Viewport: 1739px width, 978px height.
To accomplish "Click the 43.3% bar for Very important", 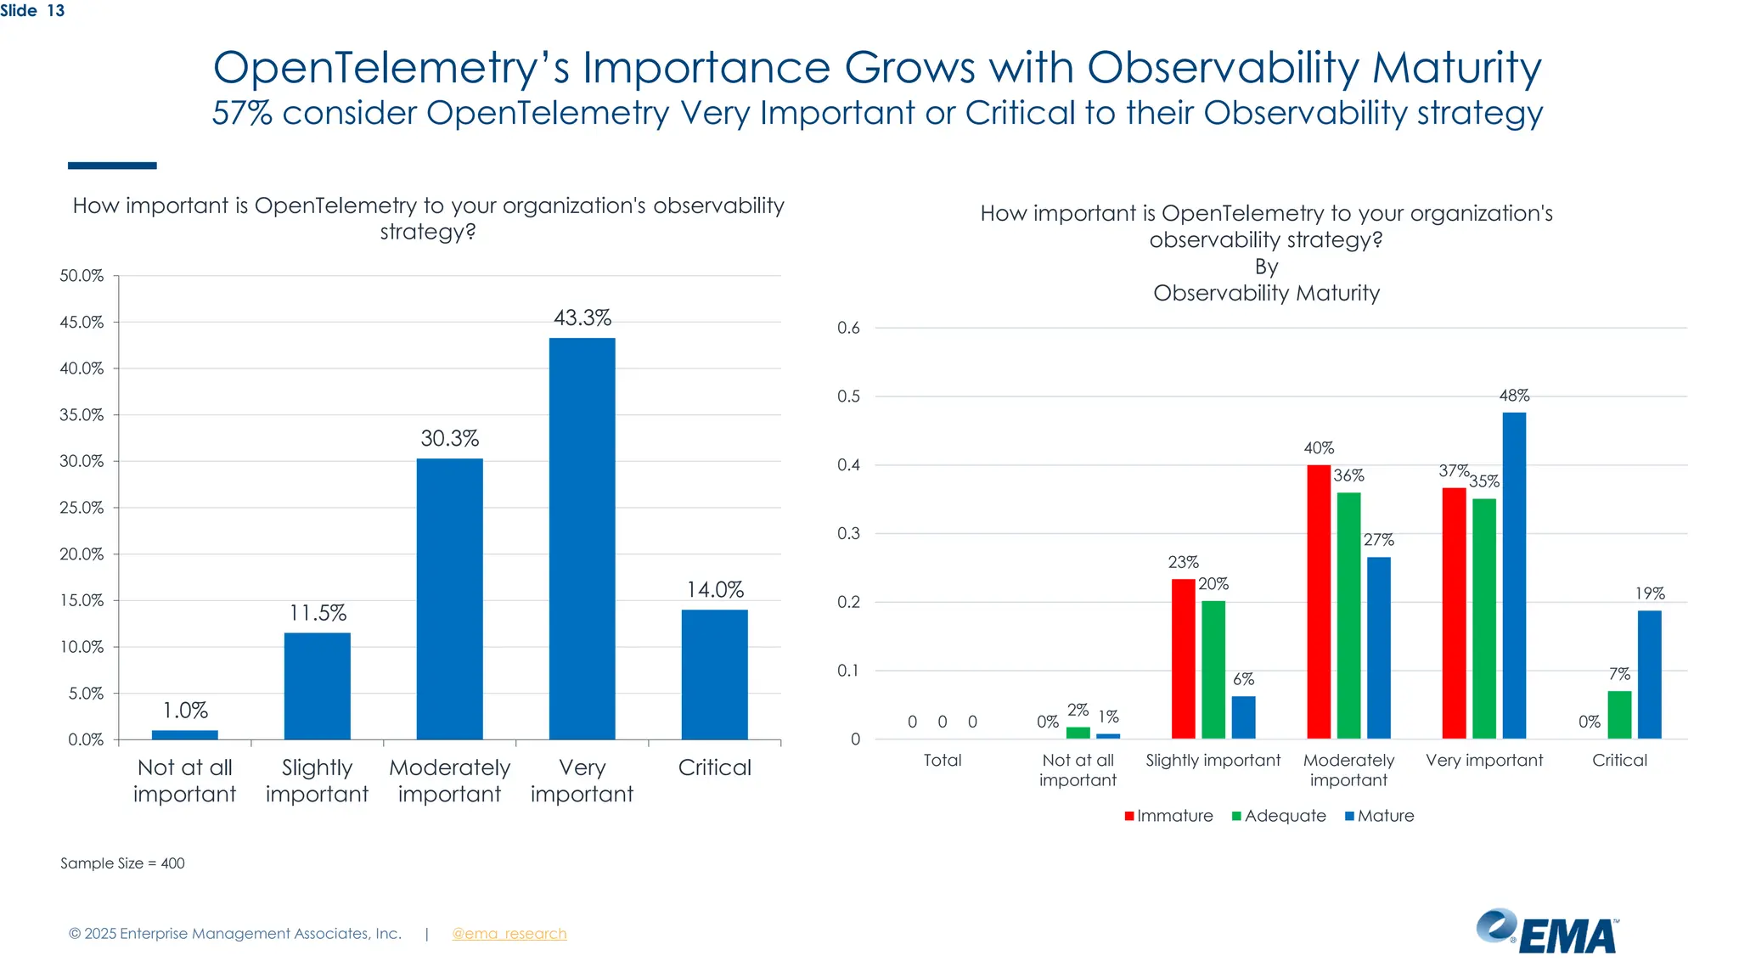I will click(x=582, y=538).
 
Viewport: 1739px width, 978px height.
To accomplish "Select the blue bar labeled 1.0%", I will click(x=184, y=734).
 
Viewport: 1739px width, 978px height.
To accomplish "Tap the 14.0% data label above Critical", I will click(x=715, y=589).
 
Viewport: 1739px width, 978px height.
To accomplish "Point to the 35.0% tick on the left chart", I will click(x=82, y=415).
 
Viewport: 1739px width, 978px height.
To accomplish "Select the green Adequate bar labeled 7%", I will click(x=1618, y=715).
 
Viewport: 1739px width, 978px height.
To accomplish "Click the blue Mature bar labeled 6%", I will click(x=1243, y=717).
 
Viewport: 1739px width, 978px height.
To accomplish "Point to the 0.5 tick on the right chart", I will click(x=848, y=396).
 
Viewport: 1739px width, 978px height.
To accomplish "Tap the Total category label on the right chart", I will click(x=942, y=761).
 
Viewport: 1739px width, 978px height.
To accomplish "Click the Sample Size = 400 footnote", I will click(x=122, y=863).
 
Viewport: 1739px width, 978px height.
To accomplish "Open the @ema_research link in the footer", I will click(x=509, y=934).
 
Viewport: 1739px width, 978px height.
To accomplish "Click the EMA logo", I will click(x=1546, y=932).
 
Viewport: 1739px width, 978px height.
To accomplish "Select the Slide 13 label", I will click(x=32, y=11).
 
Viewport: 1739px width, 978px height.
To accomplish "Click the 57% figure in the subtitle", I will click(x=242, y=113).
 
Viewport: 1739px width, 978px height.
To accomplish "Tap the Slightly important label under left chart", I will click(x=317, y=780).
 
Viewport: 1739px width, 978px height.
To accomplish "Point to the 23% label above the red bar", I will click(x=1182, y=562).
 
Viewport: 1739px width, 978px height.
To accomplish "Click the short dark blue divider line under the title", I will click(x=112, y=166).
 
